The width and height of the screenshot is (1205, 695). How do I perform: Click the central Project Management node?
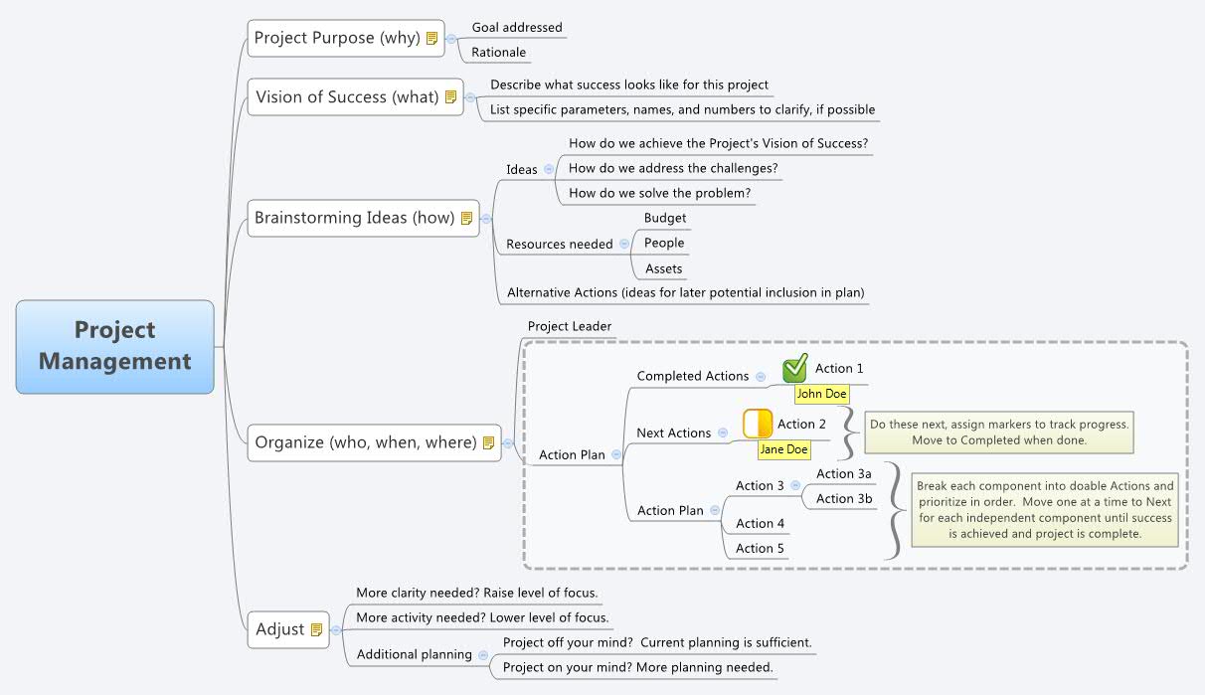point(115,346)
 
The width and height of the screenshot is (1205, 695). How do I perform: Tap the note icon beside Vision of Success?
point(450,97)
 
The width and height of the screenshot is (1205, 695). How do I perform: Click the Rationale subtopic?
point(498,53)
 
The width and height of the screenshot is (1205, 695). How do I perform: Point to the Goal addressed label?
point(516,28)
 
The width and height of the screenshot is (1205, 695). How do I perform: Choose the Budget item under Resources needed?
point(664,218)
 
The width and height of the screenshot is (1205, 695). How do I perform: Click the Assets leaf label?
point(663,268)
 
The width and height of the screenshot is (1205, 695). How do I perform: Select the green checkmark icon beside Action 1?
point(794,369)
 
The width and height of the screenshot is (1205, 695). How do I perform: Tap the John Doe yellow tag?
point(821,394)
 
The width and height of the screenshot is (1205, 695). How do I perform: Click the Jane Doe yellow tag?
point(783,449)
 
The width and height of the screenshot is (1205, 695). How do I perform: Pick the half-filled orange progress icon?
point(758,424)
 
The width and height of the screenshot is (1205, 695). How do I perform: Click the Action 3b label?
point(843,499)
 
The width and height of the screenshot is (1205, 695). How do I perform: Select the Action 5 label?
point(760,549)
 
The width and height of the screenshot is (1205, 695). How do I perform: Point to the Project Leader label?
point(569,326)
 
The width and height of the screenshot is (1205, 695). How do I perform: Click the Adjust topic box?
point(288,629)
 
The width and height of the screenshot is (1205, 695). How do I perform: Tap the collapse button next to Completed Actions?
point(761,377)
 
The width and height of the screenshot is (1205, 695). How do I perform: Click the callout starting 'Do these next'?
point(999,432)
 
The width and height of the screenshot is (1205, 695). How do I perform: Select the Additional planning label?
point(414,654)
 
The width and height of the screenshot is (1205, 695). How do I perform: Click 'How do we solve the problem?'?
point(659,193)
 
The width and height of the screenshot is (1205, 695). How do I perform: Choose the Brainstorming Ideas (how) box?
point(363,218)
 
